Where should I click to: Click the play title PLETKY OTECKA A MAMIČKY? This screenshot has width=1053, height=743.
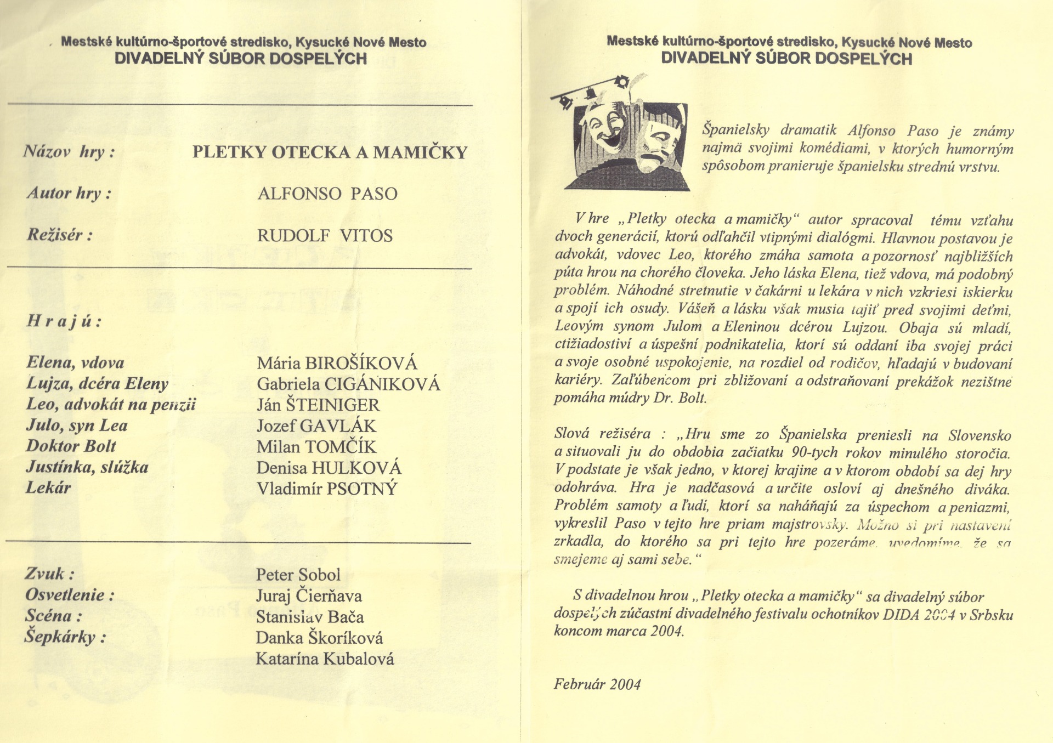point(330,152)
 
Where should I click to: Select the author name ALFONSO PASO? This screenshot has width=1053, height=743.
point(327,194)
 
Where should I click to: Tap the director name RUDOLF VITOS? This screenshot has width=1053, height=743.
point(325,236)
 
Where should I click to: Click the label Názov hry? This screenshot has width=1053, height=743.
point(69,151)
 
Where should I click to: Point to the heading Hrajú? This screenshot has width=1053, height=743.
point(64,321)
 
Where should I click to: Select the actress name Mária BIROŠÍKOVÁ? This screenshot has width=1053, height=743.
point(337,363)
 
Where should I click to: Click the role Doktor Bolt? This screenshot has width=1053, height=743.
point(71,446)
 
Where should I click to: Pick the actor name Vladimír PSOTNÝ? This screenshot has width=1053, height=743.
point(327,489)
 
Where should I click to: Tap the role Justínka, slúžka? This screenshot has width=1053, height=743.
point(87,467)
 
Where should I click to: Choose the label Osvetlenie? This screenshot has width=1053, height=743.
point(70,595)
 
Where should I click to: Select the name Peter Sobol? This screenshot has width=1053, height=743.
point(298,575)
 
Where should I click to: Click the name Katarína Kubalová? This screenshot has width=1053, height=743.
point(325,659)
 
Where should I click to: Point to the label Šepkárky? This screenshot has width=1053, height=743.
point(65,637)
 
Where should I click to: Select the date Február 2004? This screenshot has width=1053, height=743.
point(597,684)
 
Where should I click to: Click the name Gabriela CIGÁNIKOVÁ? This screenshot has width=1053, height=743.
point(348,384)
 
